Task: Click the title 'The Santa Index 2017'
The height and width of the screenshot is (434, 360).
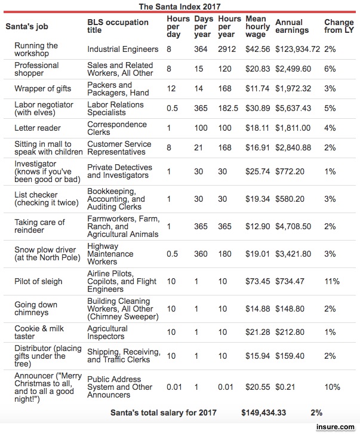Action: (180, 7)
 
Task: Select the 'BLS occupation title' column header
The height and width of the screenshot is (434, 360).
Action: (118, 26)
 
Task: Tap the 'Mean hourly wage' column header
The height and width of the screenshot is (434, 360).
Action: (257, 27)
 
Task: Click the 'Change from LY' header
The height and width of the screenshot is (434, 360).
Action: (339, 26)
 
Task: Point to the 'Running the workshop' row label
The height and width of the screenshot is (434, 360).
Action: (36, 50)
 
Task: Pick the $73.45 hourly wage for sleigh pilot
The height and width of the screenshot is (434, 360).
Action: (257, 281)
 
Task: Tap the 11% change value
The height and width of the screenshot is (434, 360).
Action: (332, 281)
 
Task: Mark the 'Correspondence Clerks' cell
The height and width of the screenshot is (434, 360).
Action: (117, 128)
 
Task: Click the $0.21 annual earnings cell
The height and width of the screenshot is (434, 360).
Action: (284, 387)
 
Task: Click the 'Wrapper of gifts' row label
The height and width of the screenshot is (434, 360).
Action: (42, 89)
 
